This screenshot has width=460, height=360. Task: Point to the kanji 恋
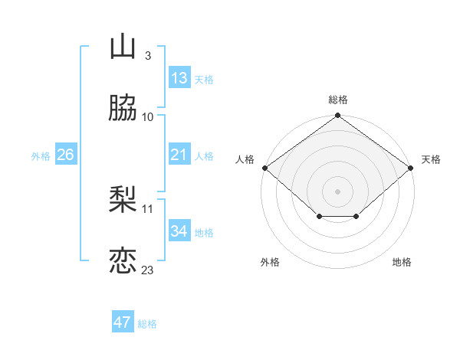(x=123, y=260)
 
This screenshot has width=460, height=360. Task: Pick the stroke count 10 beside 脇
(x=148, y=116)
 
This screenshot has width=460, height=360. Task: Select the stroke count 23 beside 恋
(x=148, y=270)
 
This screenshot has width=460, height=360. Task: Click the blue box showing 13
(x=179, y=78)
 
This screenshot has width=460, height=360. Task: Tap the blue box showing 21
(x=179, y=155)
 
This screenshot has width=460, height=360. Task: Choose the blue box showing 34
(x=179, y=231)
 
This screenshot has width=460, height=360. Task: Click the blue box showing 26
(x=65, y=155)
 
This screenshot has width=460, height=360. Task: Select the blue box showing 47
(x=123, y=322)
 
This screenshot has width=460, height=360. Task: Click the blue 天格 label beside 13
(x=204, y=80)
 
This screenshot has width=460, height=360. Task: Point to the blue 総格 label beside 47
(x=148, y=324)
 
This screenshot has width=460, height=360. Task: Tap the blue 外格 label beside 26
(x=41, y=156)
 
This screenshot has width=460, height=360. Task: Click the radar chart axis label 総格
(x=338, y=100)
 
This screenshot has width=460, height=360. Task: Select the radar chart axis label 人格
(x=245, y=159)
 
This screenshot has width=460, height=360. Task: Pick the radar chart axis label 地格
(x=402, y=262)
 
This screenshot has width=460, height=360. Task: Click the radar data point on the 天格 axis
(x=412, y=168)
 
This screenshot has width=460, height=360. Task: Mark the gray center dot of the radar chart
(x=338, y=191)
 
